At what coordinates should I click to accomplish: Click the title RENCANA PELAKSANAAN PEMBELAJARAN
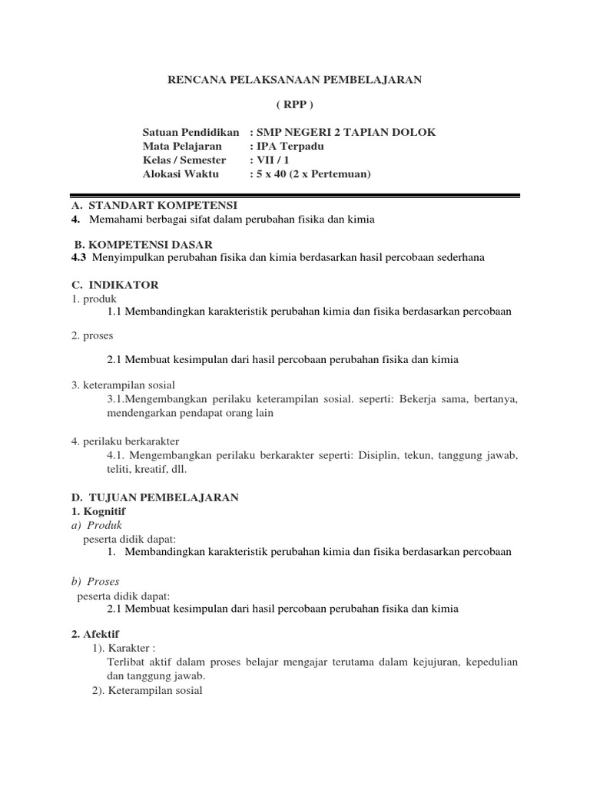click(295, 80)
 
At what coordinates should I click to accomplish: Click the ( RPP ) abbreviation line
click(295, 105)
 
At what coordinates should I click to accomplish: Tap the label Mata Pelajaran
click(182, 146)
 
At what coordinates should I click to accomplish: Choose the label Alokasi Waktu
click(181, 173)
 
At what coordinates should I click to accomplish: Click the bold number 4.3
click(78, 257)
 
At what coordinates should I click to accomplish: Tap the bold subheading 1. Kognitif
click(98, 511)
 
